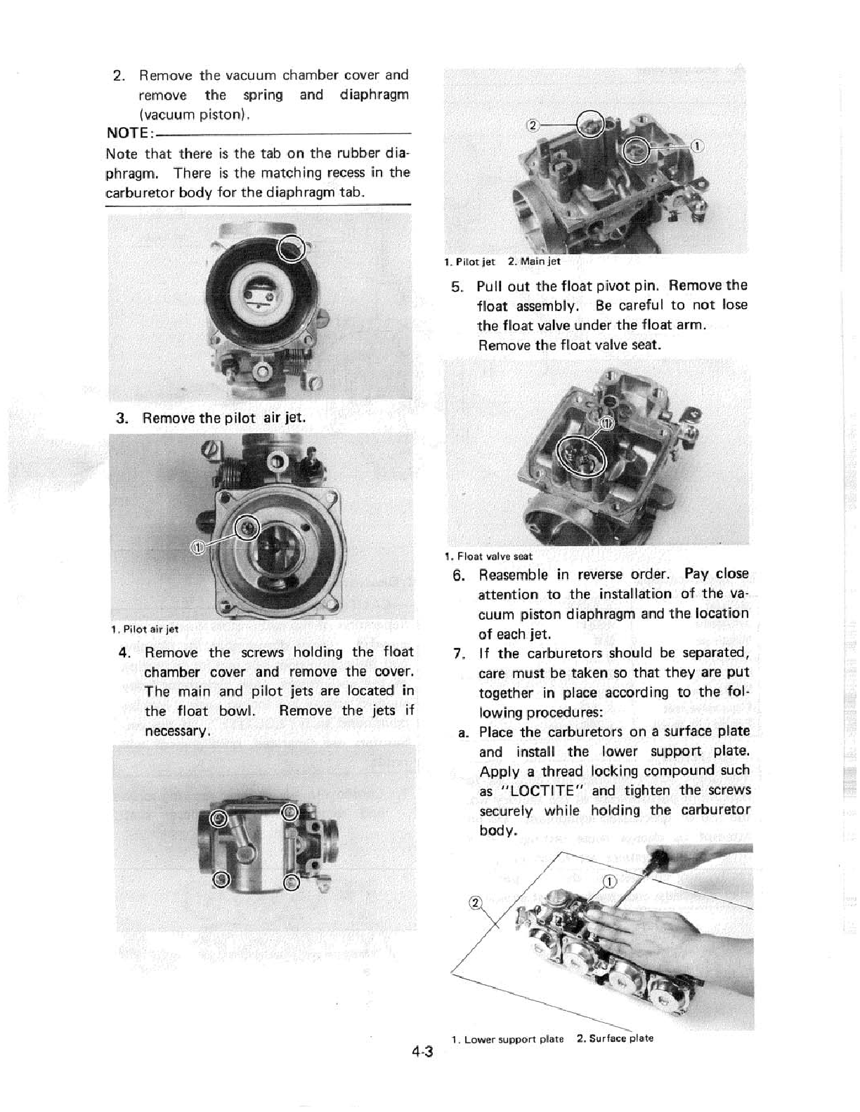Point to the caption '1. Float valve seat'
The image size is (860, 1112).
coord(488,556)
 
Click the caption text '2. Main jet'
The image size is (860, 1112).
coord(535,262)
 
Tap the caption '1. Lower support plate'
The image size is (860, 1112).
coord(507,1039)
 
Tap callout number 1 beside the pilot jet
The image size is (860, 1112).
coord(696,146)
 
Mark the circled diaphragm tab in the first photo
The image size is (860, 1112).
coord(292,247)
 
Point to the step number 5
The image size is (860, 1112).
coord(457,286)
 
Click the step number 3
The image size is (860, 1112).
coord(122,418)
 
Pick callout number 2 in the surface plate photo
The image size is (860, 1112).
coord(474,903)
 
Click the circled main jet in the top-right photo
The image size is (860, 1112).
coord(589,125)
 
